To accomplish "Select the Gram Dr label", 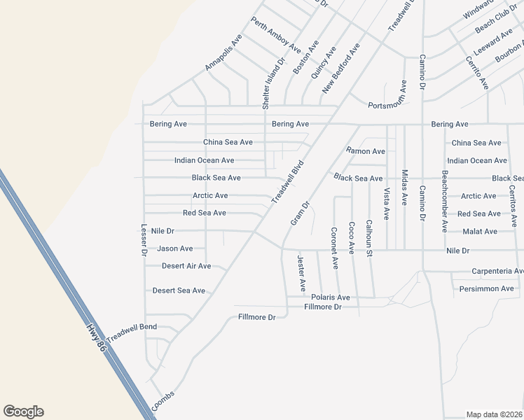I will [x=299, y=214].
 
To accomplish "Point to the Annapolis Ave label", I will [x=223, y=52].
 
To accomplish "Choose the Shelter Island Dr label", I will [x=274, y=83].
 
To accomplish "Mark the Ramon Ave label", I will [x=366, y=151].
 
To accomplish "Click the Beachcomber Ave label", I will [x=444, y=201].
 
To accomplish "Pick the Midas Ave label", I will [x=404, y=187].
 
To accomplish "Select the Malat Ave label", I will [x=480, y=232].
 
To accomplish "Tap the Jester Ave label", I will [x=301, y=273].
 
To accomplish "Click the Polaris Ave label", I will [x=330, y=297].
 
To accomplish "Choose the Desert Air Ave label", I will [x=186, y=266].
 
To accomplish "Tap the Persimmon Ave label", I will [x=487, y=288].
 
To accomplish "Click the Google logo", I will [x=23, y=412].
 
